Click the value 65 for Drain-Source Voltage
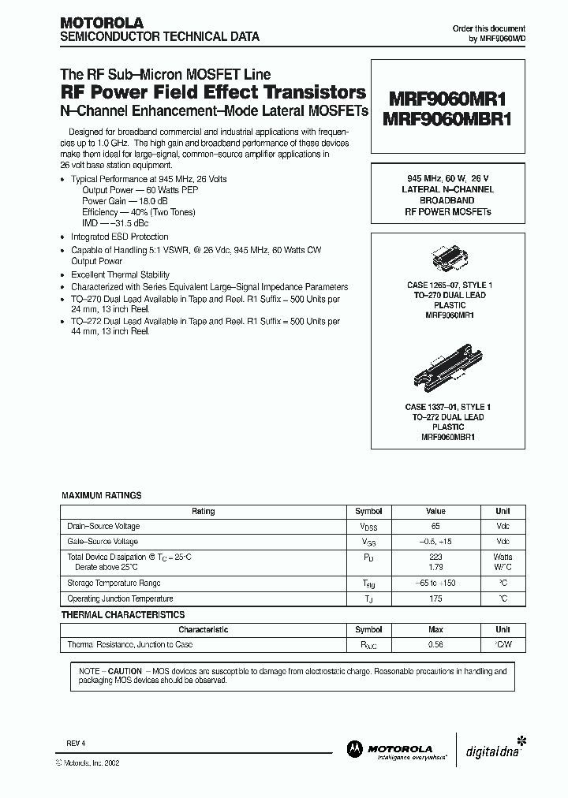[x=435, y=526]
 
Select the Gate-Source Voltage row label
[x=104, y=542]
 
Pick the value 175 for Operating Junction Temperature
[x=435, y=599]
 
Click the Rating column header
[x=203, y=511]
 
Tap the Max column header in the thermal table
[x=435, y=630]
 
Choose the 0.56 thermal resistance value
[x=435, y=645]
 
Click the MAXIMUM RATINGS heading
[x=102, y=495]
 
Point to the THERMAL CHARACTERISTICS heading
[x=123, y=614]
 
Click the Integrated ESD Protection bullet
[x=119, y=237]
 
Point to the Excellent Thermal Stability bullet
[x=121, y=274]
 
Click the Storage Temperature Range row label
[x=114, y=584]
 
